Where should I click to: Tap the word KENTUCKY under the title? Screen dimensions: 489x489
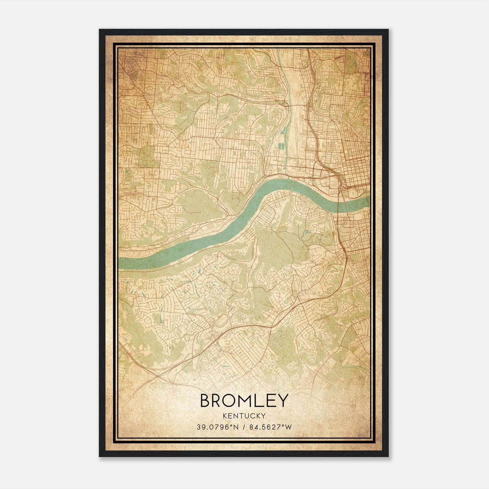[x=244, y=416]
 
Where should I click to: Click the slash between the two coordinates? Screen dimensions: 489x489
[x=244, y=427]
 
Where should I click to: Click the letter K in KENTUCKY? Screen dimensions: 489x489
[x=225, y=416]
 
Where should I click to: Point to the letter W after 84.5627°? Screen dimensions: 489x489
[x=288, y=427]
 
